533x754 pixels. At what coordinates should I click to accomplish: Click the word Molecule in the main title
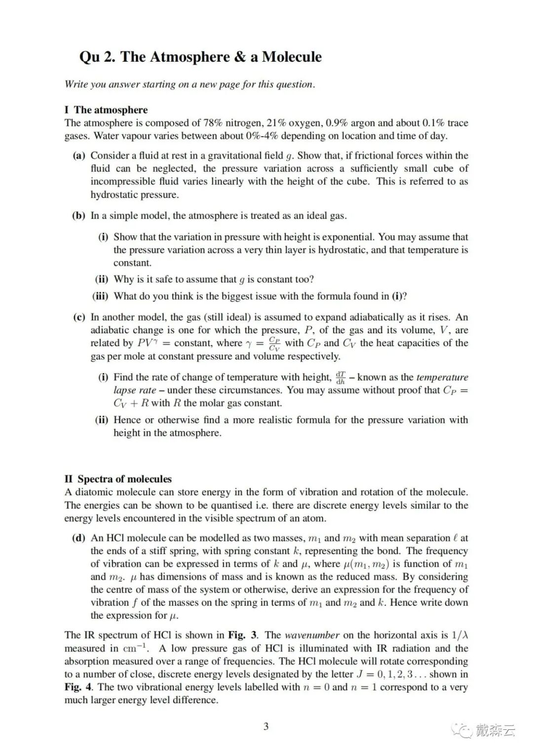[292, 57]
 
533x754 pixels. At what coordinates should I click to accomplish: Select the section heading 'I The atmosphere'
[106, 110]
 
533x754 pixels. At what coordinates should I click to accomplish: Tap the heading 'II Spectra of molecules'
[118, 478]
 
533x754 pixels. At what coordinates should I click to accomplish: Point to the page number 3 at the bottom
[266, 726]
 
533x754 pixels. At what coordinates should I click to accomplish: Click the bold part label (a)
[79, 156]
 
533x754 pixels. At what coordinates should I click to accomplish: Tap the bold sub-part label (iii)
[100, 296]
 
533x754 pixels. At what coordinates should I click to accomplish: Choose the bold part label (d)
[79, 538]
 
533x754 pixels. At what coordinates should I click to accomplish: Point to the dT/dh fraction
[341, 377]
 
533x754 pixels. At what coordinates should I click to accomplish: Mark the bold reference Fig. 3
[243, 635]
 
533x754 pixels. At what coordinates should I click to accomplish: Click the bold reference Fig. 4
[79, 687]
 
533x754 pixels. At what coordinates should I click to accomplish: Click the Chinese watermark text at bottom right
[495, 730]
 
